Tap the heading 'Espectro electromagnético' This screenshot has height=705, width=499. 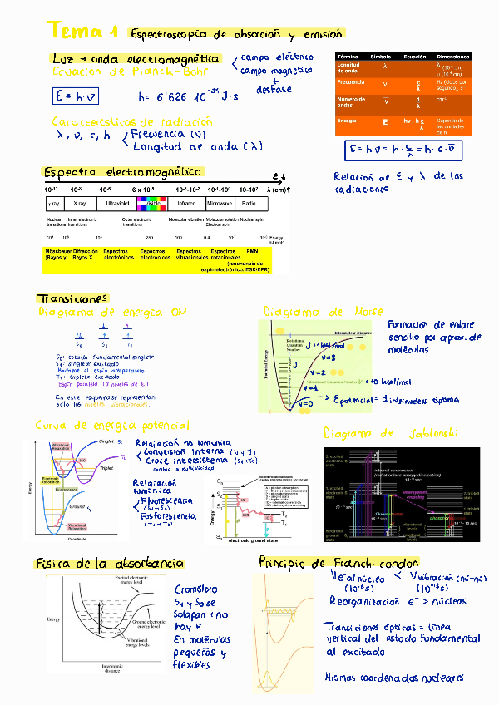pyautogui.click(x=122, y=172)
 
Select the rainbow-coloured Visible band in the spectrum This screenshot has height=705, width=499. pyautogui.click(x=151, y=203)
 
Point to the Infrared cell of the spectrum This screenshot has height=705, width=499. pyautogui.click(x=187, y=203)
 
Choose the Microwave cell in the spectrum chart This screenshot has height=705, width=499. pyautogui.click(x=220, y=203)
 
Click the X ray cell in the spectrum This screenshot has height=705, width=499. pyautogui.click(x=80, y=203)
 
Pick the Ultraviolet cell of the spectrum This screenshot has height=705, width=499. pyautogui.click(x=116, y=203)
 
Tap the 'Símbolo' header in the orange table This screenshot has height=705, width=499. pyautogui.click(x=380, y=55)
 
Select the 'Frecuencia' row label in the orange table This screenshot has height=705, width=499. pyautogui.click(x=348, y=83)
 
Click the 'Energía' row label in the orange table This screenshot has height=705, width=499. pyautogui.click(x=347, y=121)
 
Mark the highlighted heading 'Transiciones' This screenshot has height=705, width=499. pyautogui.click(x=72, y=299)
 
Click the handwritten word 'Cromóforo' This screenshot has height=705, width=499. pyautogui.click(x=195, y=587)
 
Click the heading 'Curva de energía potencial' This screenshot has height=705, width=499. pyautogui.click(x=112, y=426)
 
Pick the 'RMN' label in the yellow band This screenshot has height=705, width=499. pyautogui.click(x=264, y=250)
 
